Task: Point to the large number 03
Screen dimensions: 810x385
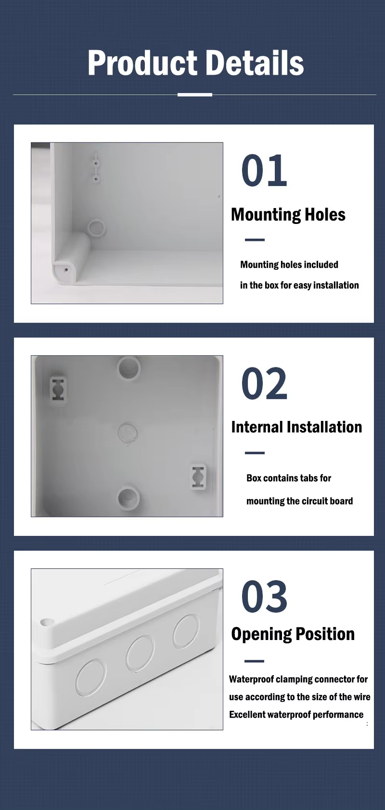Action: [x=264, y=597]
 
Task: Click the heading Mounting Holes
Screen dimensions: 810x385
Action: [x=288, y=215]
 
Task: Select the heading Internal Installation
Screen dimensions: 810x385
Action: [x=296, y=427]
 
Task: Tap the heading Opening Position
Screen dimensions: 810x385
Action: [x=293, y=634]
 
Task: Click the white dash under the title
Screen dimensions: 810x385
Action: [x=194, y=95]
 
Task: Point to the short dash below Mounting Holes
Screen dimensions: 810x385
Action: [x=255, y=240]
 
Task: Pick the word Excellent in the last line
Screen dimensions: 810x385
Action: [x=247, y=715]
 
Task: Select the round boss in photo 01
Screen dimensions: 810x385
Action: [x=96, y=228]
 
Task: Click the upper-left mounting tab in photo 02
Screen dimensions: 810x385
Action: [x=58, y=389]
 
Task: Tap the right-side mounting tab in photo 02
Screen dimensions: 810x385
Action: [x=198, y=477]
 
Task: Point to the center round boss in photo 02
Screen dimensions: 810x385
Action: [x=128, y=432]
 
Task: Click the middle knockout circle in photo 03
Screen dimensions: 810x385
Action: [x=140, y=653]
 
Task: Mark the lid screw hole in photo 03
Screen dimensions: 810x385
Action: [x=47, y=622]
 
